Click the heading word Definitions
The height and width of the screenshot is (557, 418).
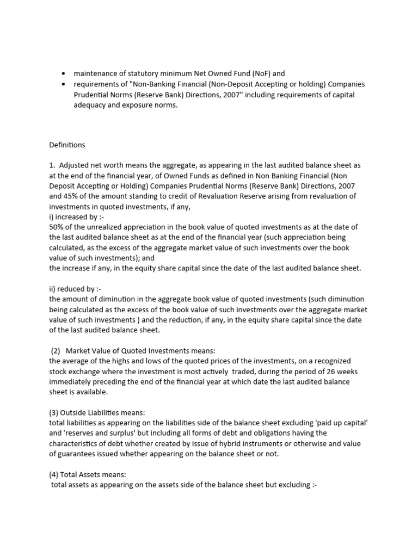67,145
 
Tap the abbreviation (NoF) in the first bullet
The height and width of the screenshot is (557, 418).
255,73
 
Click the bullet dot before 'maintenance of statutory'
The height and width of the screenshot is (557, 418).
64,73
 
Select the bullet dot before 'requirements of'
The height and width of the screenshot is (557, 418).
64,84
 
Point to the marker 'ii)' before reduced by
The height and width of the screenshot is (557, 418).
53,289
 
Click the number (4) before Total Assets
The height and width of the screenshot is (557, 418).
54,474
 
